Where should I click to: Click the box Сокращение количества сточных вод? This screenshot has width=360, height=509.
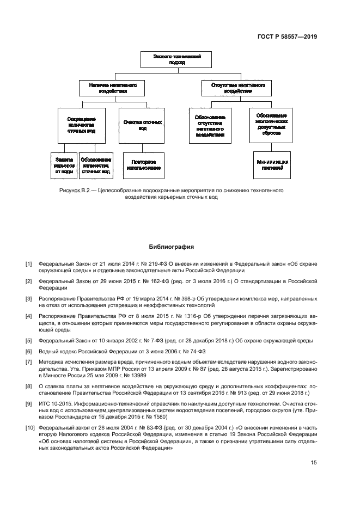[81, 125]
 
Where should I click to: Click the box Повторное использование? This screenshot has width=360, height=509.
[142, 165]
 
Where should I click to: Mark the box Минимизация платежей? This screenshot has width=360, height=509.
[272, 165]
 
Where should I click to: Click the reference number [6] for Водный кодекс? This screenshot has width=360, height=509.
[29, 351]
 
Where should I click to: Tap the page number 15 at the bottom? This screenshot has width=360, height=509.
[314, 463]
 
